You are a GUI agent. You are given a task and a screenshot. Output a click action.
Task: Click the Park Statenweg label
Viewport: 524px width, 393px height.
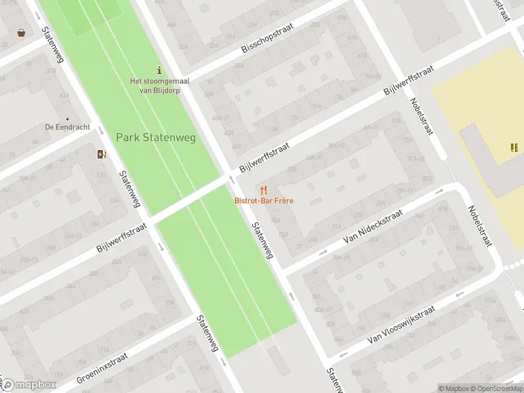click(x=156, y=138)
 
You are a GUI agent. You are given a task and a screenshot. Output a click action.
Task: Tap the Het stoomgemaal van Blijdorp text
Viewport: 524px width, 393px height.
click(x=155, y=86)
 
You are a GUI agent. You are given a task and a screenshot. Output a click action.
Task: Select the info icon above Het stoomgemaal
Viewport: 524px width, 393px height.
click(x=159, y=70)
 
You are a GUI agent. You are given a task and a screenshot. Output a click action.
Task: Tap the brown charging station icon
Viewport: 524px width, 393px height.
click(x=101, y=155)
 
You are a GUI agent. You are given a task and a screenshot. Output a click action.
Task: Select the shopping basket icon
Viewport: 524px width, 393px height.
click(x=22, y=32)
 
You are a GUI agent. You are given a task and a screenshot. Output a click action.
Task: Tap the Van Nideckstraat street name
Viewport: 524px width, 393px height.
click(x=371, y=226)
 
